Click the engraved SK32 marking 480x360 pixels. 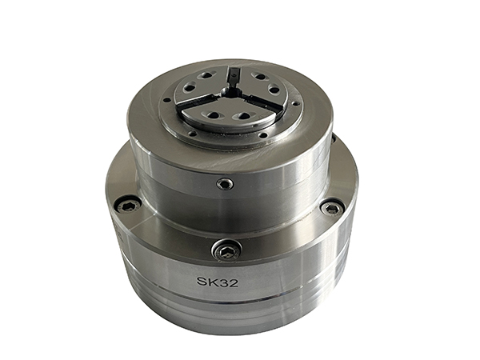pos(218,282)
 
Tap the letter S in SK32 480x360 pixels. pos(201,282)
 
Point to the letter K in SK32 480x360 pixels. pos(212,282)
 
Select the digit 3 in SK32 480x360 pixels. pos(223,282)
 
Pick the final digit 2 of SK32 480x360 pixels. pos(234,282)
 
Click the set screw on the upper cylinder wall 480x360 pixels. pos(226,184)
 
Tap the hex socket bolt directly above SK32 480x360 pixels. pos(227,250)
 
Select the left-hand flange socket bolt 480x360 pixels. pos(128,207)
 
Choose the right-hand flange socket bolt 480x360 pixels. pos(333,209)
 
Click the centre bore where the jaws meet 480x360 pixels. pos(227,91)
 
